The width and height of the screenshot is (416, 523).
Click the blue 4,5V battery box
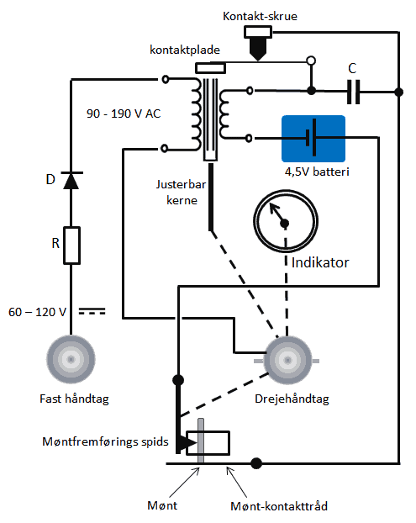313,139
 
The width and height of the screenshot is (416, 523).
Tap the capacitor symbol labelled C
353,92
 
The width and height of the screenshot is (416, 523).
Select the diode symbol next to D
71,181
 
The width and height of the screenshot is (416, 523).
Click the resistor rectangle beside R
71,246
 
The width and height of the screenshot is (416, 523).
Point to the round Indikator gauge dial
286,220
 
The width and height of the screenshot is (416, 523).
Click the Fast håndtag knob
71,359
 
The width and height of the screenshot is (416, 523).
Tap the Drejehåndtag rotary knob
287,360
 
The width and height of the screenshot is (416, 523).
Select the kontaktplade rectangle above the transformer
210,68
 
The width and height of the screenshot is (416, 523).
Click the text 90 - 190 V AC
124,114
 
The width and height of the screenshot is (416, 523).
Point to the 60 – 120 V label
37,312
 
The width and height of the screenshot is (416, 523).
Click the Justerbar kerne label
182,193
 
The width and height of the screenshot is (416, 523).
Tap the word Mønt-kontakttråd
279,506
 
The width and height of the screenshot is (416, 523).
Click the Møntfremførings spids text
105,441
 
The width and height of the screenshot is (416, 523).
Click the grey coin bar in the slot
201,441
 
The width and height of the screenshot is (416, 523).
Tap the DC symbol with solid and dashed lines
92,312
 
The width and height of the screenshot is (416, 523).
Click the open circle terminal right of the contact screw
311,61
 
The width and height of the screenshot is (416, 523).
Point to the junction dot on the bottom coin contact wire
256,463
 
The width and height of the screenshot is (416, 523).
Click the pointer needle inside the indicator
277,214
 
